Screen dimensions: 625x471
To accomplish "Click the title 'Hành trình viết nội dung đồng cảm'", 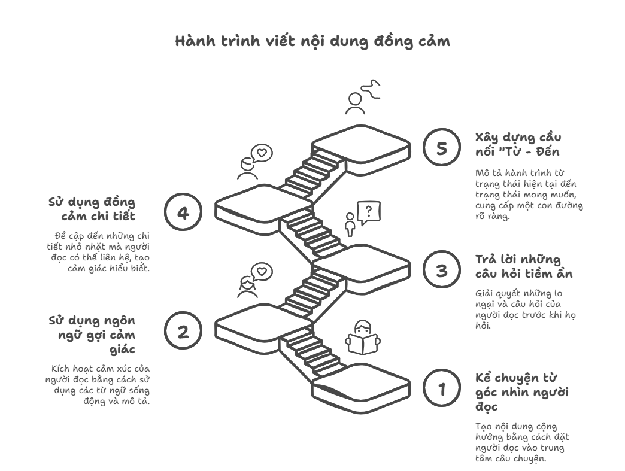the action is pyautogui.click(x=313, y=41).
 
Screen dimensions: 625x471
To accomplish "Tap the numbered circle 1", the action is pyautogui.click(x=442, y=389).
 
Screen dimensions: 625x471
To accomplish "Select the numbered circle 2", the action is pyautogui.click(x=183, y=332).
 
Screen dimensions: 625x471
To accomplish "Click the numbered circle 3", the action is pyautogui.click(x=442, y=270).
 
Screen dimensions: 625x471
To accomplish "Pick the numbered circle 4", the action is pyautogui.click(x=183, y=213).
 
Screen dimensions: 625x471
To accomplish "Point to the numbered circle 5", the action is pyautogui.click(x=442, y=148).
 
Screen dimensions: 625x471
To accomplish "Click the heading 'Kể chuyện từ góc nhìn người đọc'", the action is pyautogui.click(x=521, y=392).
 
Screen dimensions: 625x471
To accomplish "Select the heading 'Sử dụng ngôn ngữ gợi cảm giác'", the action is pyautogui.click(x=93, y=335).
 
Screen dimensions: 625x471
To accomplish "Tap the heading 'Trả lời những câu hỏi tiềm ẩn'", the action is pyautogui.click(x=523, y=266).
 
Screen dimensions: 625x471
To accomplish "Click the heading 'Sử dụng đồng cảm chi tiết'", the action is pyautogui.click(x=93, y=209).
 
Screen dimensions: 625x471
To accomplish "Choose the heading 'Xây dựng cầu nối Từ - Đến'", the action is pyautogui.click(x=518, y=144).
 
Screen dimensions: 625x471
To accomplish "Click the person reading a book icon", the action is pyautogui.click(x=363, y=338).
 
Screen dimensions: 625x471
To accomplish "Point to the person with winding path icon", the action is pyautogui.click(x=363, y=97).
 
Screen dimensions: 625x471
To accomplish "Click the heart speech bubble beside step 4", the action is pyautogui.click(x=261, y=153).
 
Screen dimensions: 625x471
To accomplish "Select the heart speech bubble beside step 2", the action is pyautogui.click(x=261, y=272).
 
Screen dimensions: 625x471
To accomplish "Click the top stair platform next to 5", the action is pyautogui.click(x=360, y=144).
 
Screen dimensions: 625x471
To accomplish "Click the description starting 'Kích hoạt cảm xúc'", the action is pyautogui.click(x=99, y=384).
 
